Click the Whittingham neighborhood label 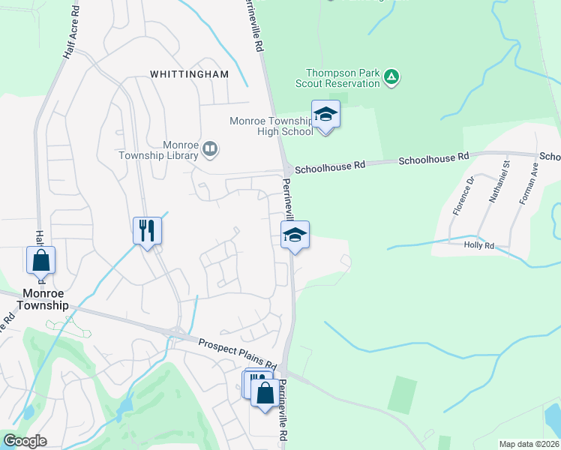(199, 74)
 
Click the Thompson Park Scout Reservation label (337, 78)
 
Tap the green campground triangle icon (391, 76)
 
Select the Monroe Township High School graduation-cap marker (325, 115)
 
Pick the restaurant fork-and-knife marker (147, 229)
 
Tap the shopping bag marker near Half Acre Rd (41, 261)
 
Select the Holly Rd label (478, 245)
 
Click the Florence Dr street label (460, 196)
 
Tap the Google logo (25, 441)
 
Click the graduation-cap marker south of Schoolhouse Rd (295, 235)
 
